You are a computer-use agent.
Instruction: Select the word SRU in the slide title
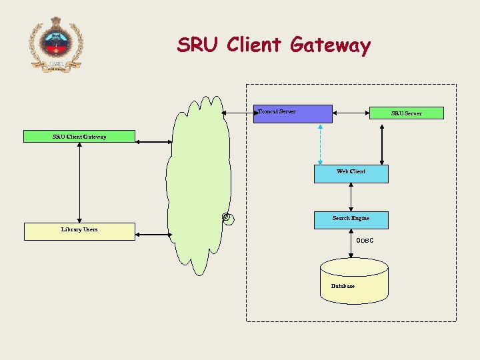[198, 45]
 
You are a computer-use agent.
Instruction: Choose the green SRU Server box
[407, 113]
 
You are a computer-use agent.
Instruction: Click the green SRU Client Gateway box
[79, 137]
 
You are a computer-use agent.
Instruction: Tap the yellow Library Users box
[79, 231]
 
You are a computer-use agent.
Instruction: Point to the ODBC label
[365, 240]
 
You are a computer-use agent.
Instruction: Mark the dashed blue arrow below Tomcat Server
[321, 143]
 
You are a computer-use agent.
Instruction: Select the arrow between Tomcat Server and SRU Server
[351, 113]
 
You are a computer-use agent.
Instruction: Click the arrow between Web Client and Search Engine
[351, 197]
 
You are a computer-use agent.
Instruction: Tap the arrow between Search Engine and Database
[351, 244]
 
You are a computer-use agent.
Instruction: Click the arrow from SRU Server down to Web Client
[381, 143]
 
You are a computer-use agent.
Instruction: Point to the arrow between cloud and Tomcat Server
[239, 113]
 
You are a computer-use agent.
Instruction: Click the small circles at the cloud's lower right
[227, 218]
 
